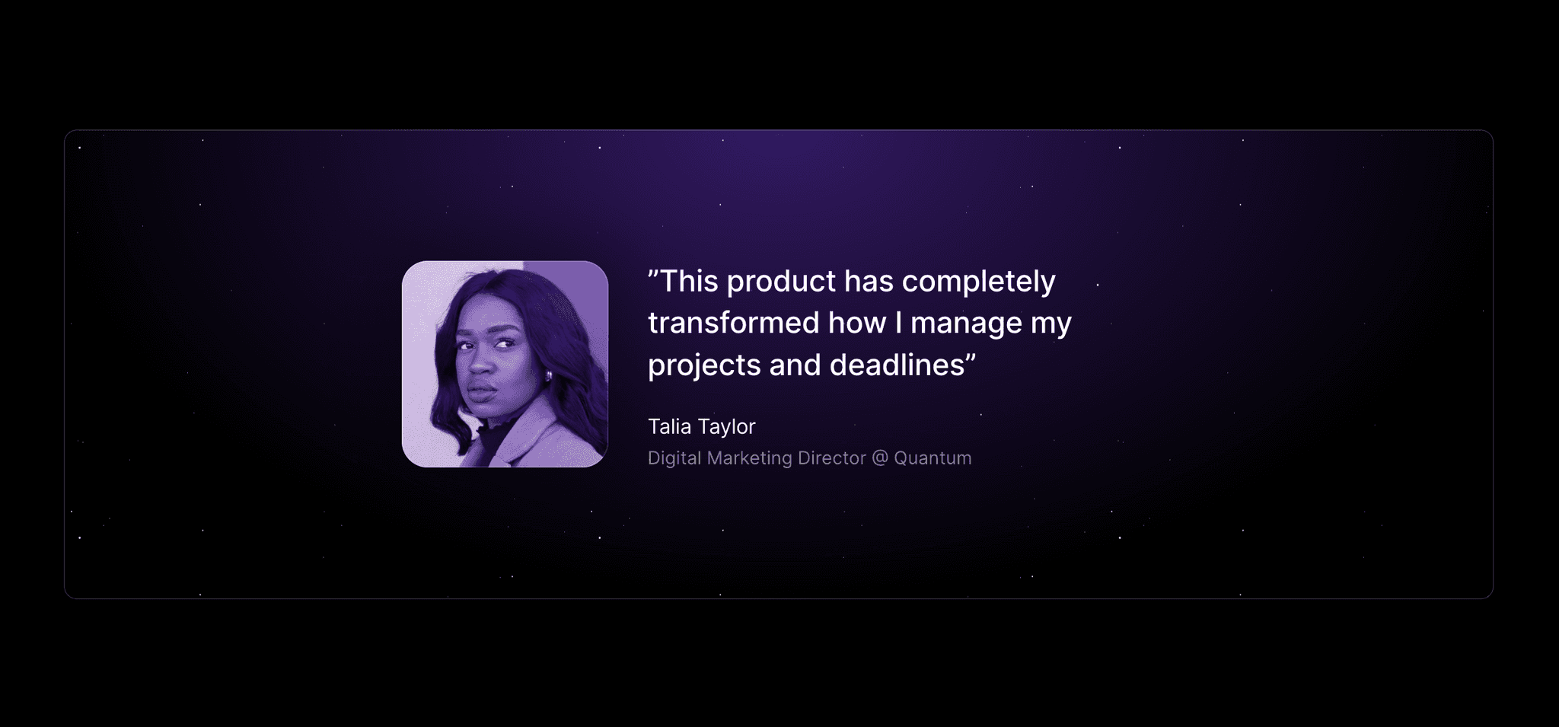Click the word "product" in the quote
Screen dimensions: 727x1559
pos(781,282)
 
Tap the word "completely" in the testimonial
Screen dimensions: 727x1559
pos(978,282)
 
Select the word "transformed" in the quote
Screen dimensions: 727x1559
pos(733,323)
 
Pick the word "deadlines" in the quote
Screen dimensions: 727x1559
pos(897,365)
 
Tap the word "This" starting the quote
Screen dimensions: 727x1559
pos(688,282)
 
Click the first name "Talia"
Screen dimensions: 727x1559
pos(669,426)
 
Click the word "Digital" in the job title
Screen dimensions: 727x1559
pos(674,458)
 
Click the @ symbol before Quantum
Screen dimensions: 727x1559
pos(880,458)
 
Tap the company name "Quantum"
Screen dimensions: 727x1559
pos(933,458)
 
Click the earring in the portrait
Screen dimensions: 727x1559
pos(547,377)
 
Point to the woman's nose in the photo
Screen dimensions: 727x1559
pos(480,363)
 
